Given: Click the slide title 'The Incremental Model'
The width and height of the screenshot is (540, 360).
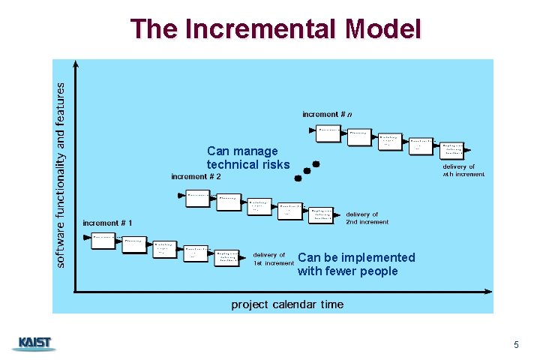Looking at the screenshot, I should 275,28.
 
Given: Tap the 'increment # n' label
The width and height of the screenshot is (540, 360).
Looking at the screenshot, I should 327,114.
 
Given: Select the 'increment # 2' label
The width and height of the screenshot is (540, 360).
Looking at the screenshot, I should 196,176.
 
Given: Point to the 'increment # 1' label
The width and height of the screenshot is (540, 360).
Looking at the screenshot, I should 108,223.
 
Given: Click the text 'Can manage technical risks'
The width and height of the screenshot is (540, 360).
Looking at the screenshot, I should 248,158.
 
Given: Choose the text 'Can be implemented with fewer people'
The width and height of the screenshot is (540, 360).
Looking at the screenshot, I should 356,264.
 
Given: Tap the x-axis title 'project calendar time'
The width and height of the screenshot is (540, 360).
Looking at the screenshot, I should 287,304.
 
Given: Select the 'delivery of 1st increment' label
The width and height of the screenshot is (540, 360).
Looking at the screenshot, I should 274,259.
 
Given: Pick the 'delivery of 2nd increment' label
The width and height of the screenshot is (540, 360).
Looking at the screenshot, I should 367,218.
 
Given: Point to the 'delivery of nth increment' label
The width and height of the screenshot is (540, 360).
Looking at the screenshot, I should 463,170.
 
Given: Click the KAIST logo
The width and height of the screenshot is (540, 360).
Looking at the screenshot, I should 34,343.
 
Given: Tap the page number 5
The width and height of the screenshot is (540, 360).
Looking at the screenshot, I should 516,344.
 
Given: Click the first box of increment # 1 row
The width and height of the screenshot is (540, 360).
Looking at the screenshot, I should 104,239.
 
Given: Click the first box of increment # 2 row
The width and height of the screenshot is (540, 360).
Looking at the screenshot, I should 198,196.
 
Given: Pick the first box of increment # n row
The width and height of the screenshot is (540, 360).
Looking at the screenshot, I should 328,130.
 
